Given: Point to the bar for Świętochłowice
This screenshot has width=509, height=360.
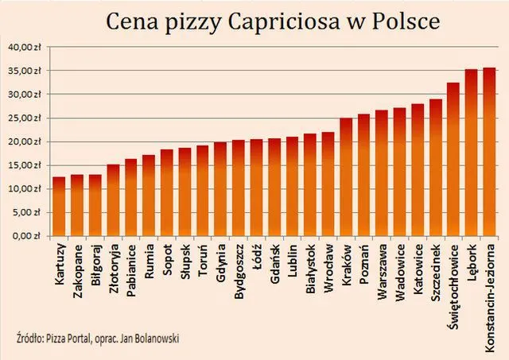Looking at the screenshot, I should pyautogui.click(x=453, y=160).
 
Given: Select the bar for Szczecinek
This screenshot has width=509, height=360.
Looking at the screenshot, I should pyautogui.click(x=436, y=168).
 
